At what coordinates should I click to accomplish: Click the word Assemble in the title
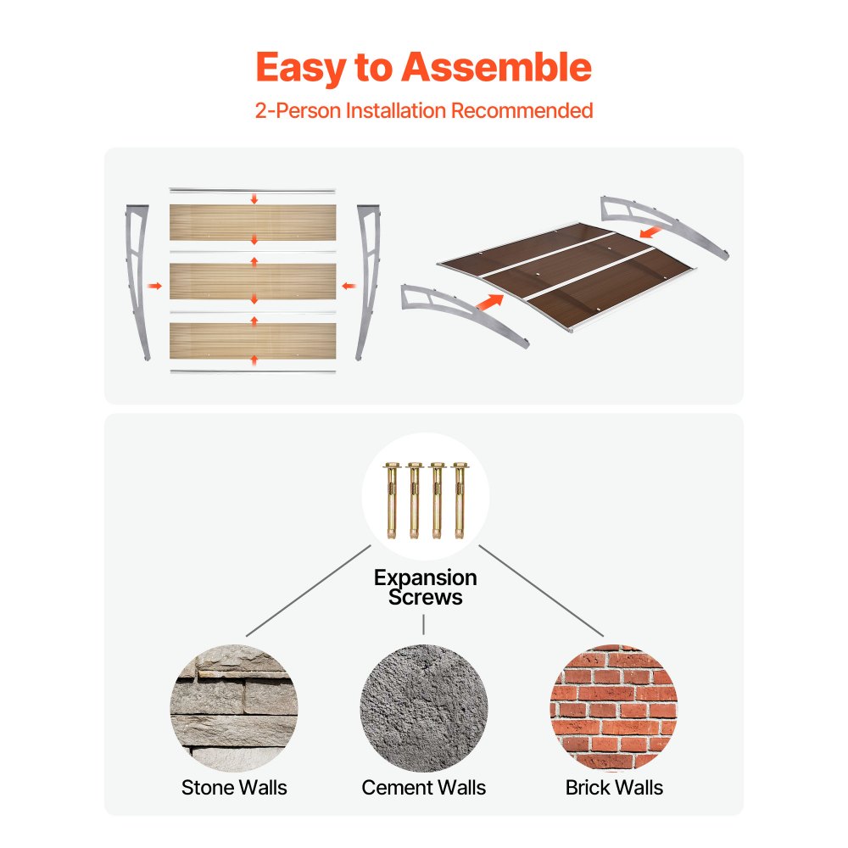coord(496,68)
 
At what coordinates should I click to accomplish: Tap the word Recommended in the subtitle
coord(521,110)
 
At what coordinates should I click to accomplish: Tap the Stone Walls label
coord(234,788)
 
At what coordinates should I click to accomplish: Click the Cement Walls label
coord(424,788)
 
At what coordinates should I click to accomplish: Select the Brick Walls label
coord(614,788)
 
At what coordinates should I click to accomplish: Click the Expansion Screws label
coord(425,588)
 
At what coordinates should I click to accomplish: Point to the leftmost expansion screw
coord(392,500)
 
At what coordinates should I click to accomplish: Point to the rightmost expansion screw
coord(460,500)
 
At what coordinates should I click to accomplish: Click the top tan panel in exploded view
coord(254,222)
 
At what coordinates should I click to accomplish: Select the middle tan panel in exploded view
coord(254,282)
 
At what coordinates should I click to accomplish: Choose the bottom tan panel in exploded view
coord(254,340)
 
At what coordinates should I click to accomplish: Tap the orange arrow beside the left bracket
coord(153,287)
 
